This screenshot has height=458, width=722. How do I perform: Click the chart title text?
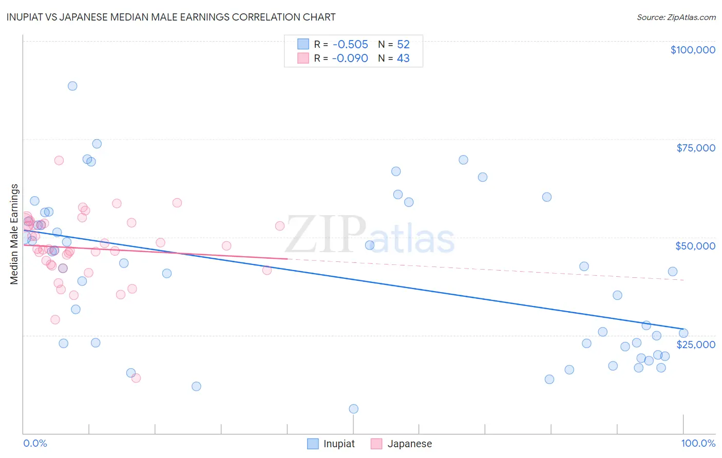171,17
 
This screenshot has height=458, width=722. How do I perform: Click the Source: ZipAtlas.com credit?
676,17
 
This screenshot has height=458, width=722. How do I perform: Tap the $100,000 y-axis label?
692,50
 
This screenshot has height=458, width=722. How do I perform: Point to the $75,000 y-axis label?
695,148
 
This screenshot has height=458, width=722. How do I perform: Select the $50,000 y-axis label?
695,246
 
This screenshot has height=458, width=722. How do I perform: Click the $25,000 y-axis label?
695,345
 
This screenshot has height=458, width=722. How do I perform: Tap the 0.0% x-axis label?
35,443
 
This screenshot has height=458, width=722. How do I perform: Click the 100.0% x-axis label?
698,443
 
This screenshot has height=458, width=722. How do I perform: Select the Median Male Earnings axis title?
14,234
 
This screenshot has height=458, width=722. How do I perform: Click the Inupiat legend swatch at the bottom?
313,444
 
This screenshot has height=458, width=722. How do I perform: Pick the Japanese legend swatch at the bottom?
376,444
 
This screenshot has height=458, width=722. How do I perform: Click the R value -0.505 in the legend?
350,45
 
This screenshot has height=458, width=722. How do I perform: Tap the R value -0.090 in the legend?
350,59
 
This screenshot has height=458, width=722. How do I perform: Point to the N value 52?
403,45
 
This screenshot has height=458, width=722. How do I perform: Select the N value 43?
403,59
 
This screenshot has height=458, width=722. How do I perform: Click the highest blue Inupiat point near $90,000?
72,86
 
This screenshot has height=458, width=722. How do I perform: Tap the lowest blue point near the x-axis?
353,409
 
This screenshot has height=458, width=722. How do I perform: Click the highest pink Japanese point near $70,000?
59,160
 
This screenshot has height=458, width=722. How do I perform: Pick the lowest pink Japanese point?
136,378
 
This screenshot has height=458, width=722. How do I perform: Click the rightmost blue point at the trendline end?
683,333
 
